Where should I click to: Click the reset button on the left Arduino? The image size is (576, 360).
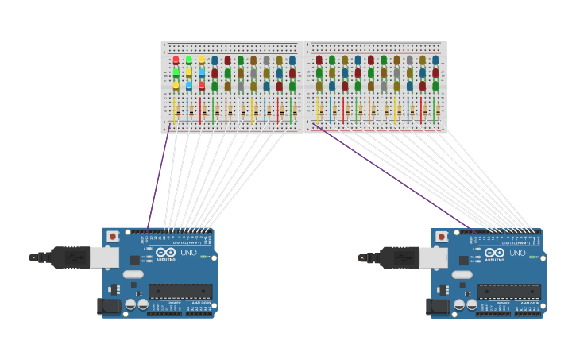click(113, 236)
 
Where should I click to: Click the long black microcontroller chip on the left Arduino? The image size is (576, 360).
click(180, 292)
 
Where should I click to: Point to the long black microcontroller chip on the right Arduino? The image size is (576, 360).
click(509, 292)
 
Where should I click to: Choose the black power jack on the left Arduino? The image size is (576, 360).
click(110, 306)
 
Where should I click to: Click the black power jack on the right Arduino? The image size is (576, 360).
click(439, 306)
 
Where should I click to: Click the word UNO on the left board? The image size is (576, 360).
click(189, 253)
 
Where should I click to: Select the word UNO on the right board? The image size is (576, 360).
click(518, 253)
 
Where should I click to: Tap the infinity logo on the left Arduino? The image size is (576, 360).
click(165, 252)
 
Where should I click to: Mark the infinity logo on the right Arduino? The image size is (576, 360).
click(494, 252)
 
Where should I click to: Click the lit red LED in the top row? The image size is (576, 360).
click(176, 60)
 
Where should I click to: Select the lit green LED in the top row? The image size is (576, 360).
click(188, 60)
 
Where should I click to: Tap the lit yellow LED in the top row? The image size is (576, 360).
click(201, 60)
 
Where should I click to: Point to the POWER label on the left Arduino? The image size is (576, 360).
click(174, 303)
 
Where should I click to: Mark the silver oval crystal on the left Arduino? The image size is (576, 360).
click(133, 274)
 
